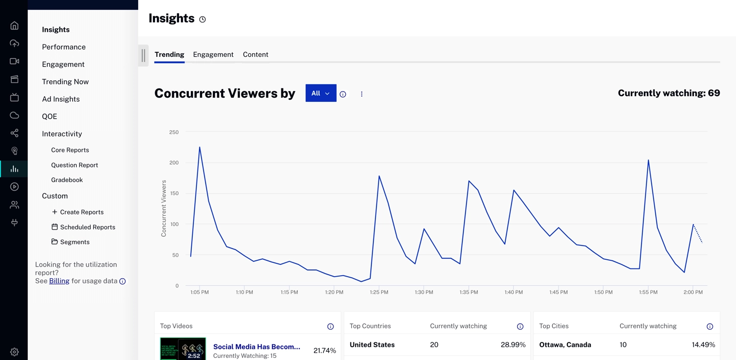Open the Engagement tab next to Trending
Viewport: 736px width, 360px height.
213,55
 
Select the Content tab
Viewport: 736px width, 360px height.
255,55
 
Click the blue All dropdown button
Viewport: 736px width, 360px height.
321,93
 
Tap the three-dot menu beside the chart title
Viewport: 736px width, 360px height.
362,94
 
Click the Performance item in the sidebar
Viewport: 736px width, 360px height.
64,47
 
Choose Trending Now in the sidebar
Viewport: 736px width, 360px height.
65,82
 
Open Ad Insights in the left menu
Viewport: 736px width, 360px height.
61,99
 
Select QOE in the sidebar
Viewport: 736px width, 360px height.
50,117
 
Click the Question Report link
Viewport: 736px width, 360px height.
75,165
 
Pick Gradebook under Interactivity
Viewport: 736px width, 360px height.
67,180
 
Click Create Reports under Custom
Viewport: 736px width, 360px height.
81,212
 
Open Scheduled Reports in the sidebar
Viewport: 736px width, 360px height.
87,227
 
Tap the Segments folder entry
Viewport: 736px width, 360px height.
75,242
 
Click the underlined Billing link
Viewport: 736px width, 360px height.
59,281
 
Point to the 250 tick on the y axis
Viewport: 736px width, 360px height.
174,132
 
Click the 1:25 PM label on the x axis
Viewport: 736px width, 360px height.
379,292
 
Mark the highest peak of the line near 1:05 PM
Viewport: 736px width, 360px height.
199,147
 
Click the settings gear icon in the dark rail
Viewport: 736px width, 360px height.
14,352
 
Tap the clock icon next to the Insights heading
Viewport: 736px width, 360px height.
203,19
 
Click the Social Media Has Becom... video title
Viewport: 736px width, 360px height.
256,347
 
